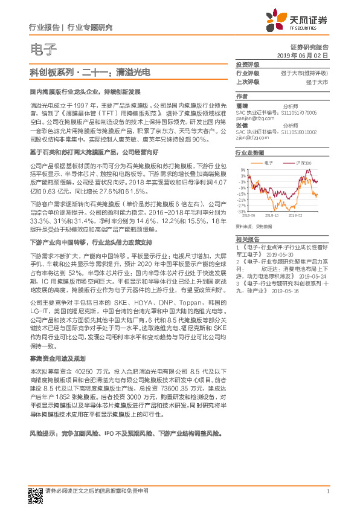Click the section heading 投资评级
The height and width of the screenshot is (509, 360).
point(247,64)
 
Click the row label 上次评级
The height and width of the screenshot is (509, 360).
point(247,81)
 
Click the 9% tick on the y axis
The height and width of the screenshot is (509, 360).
point(243,170)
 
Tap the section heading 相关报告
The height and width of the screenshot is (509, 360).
point(247,239)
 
